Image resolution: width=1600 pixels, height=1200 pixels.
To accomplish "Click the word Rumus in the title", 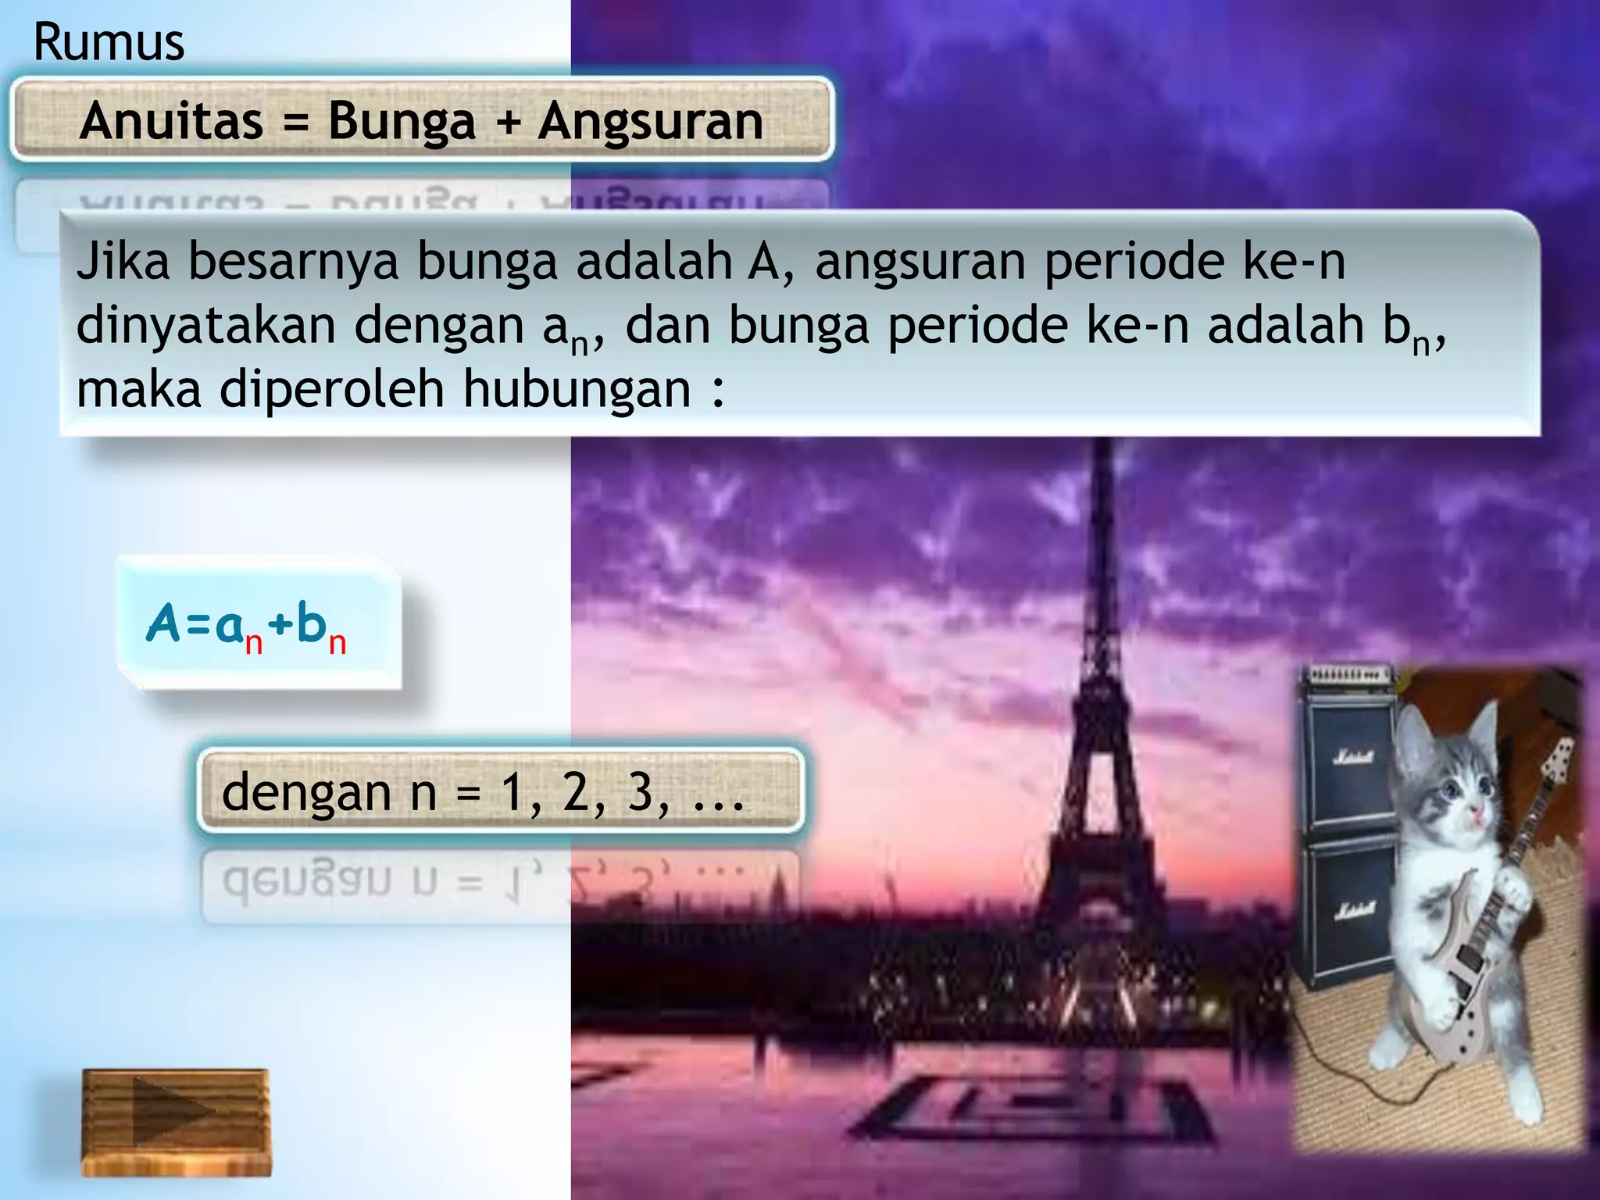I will pos(109,42).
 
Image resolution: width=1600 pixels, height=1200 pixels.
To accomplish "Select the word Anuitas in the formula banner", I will pos(172,122).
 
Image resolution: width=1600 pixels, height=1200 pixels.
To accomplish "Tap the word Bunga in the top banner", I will pos(402,122).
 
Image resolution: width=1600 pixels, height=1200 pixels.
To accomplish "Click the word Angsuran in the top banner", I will pos(651,123).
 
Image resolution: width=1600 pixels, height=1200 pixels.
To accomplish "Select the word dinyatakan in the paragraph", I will pos(205,325).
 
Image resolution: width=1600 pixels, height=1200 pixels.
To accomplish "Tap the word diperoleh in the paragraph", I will pos(331,388).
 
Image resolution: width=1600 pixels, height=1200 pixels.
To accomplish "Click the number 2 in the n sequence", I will pos(577,792).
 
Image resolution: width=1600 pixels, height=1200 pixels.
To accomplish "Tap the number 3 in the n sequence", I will pos(641,792).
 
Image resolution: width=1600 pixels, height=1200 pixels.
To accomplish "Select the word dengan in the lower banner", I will pos(306,794).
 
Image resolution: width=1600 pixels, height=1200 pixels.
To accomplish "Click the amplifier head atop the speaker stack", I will pos(1345,674).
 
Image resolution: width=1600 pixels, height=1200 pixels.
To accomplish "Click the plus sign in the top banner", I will pos(507,123).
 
